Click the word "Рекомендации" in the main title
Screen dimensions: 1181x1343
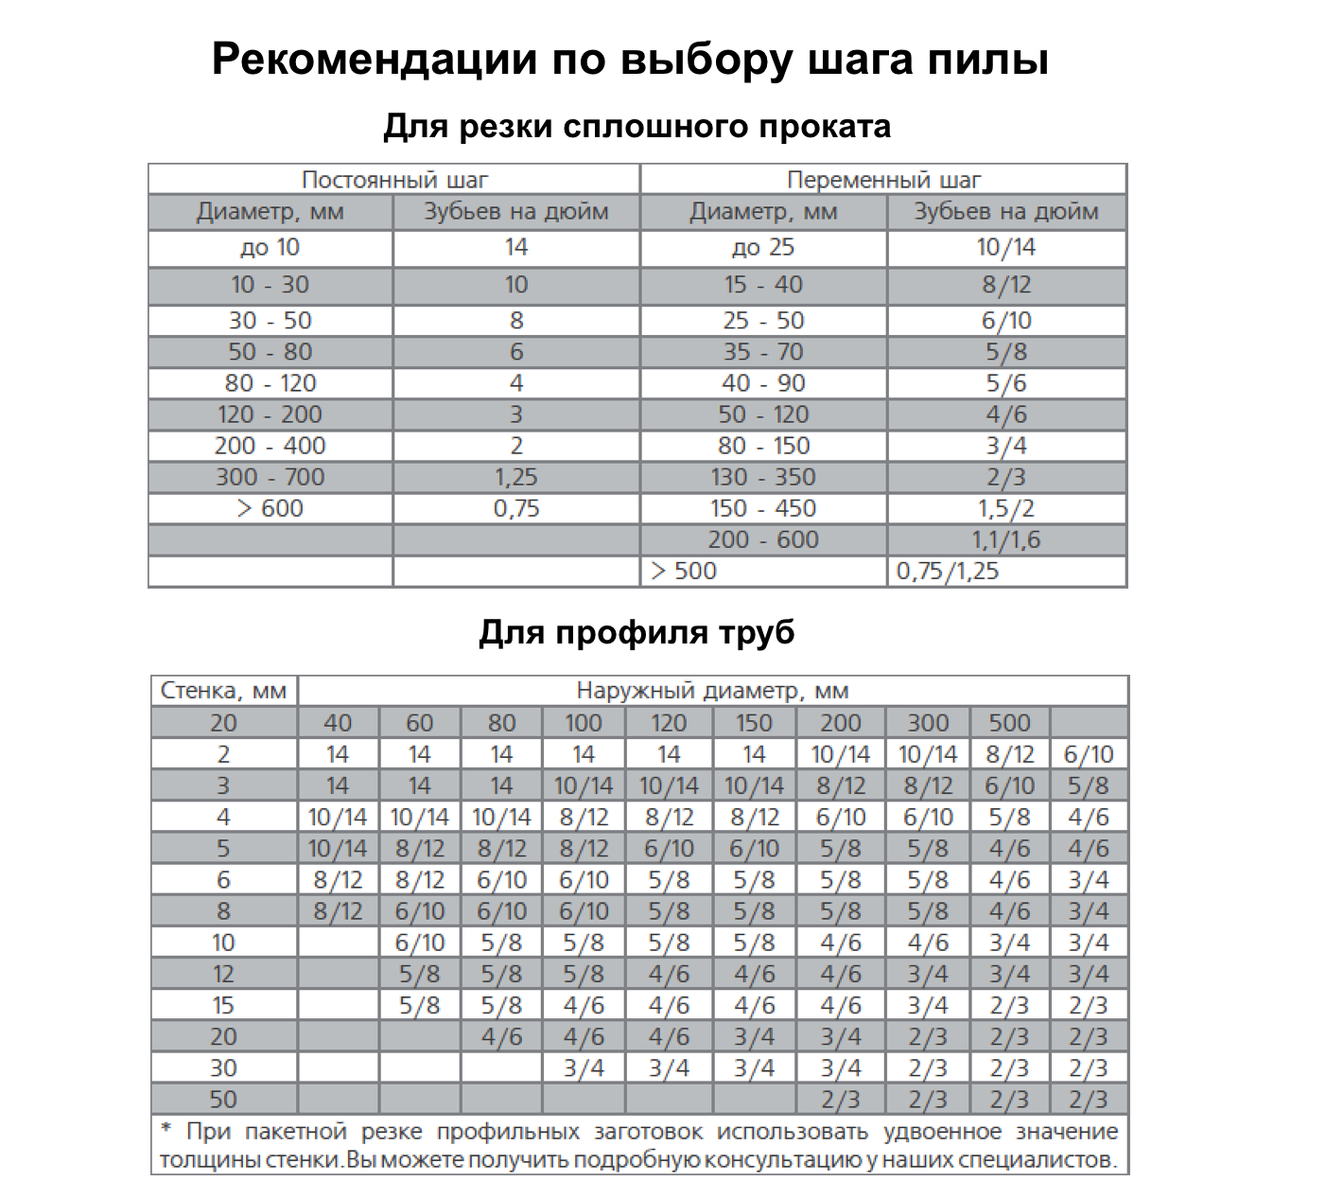pos(374,59)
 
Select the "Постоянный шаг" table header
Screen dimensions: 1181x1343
pos(394,180)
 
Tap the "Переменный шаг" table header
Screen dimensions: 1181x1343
pos(883,180)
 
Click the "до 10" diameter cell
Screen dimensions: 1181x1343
pos(270,248)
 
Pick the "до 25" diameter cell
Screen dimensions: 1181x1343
pos(762,248)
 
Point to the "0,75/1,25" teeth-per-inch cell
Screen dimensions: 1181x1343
pos(948,572)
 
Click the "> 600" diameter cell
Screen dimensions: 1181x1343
pos(270,509)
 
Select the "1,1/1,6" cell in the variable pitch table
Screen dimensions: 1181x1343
pos(1005,540)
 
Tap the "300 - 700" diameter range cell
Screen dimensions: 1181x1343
pos(270,478)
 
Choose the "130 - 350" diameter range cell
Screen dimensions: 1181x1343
pos(762,478)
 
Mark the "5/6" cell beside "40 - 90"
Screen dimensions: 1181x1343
pos(1005,384)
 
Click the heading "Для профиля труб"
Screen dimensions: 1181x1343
pos(637,632)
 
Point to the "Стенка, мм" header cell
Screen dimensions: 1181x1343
pos(223,691)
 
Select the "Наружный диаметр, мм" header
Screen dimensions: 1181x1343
pos(712,691)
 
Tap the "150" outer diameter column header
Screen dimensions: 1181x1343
pos(754,723)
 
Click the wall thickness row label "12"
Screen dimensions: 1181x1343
pos(223,974)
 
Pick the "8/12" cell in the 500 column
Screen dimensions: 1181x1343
pos(1009,754)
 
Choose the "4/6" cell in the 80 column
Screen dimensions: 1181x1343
pos(501,1036)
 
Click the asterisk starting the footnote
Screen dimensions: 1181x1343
pos(166,1130)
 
